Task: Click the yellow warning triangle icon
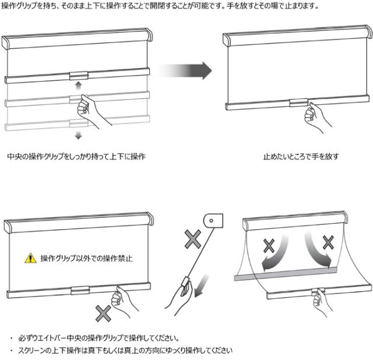(30, 258)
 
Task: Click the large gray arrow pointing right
(184, 70)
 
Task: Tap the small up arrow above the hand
(78, 86)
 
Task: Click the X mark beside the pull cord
(193, 239)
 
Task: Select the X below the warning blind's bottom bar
(103, 313)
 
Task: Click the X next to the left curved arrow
(269, 246)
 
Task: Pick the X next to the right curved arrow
(328, 242)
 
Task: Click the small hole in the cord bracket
(211, 221)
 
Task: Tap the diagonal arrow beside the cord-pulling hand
(201, 286)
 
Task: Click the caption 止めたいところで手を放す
(301, 157)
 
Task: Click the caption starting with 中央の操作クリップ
(76, 157)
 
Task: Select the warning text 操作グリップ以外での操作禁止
(86, 258)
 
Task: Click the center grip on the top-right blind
(298, 103)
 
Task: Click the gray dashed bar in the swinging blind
(286, 274)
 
